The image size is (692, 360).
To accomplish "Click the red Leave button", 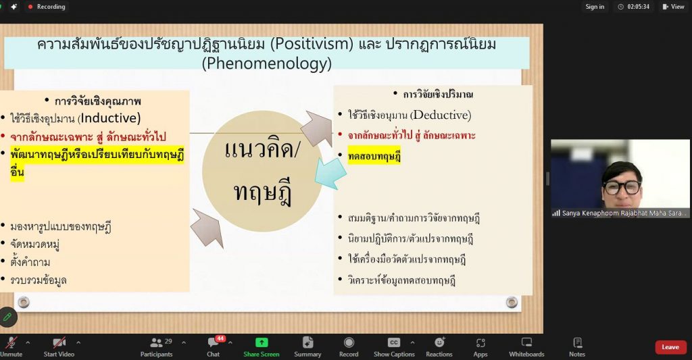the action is pyautogui.click(x=670, y=347).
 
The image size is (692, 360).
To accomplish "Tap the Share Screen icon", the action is pyautogui.click(x=262, y=342).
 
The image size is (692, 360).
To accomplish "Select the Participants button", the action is pyautogui.click(x=157, y=347).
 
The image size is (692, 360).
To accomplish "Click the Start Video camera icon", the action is pyautogui.click(x=59, y=342).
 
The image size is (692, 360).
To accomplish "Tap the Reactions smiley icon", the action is pyautogui.click(x=439, y=342).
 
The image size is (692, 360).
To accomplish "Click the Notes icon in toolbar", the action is pyautogui.click(x=577, y=342).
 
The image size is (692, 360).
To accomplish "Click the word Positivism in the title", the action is pyautogui.click(x=312, y=44).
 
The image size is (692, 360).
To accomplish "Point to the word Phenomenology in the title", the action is pyautogui.click(x=266, y=63).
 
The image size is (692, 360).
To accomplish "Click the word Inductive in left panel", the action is pyautogui.click(x=109, y=118).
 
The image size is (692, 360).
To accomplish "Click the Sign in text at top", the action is pyautogui.click(x=595, y=7).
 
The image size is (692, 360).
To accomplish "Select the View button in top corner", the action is pyautogui.click(x=673, y=7).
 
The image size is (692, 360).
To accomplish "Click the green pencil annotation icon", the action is pyautogui.click(x=7, y=317).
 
